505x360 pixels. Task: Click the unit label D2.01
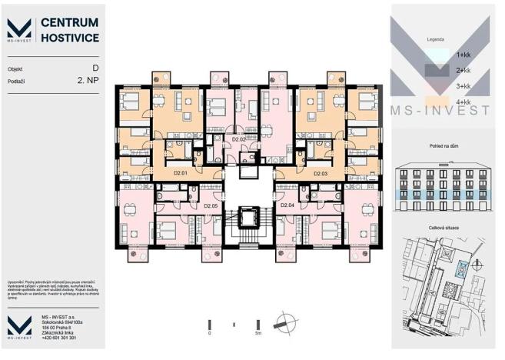pos(181,174)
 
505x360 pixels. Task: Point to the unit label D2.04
pos(287,206)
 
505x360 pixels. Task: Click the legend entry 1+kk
pos(463,55)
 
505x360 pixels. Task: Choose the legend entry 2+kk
pos(463,70)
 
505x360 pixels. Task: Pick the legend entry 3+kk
pos(463,86)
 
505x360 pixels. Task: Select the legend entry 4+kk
pos(463,102)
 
